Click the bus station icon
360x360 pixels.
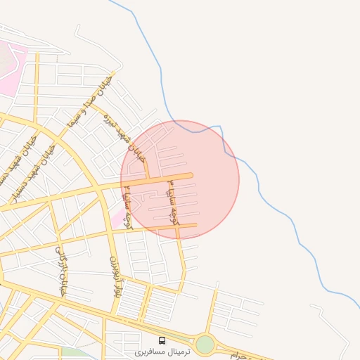tap(162, 341)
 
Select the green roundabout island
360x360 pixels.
tap(205, 345)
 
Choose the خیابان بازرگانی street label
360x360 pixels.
tap(60, 271)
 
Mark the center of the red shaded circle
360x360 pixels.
tap(180, 179)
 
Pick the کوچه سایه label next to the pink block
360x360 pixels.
tap(128, 210)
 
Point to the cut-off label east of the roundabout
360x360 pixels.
tap(240, 355)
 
